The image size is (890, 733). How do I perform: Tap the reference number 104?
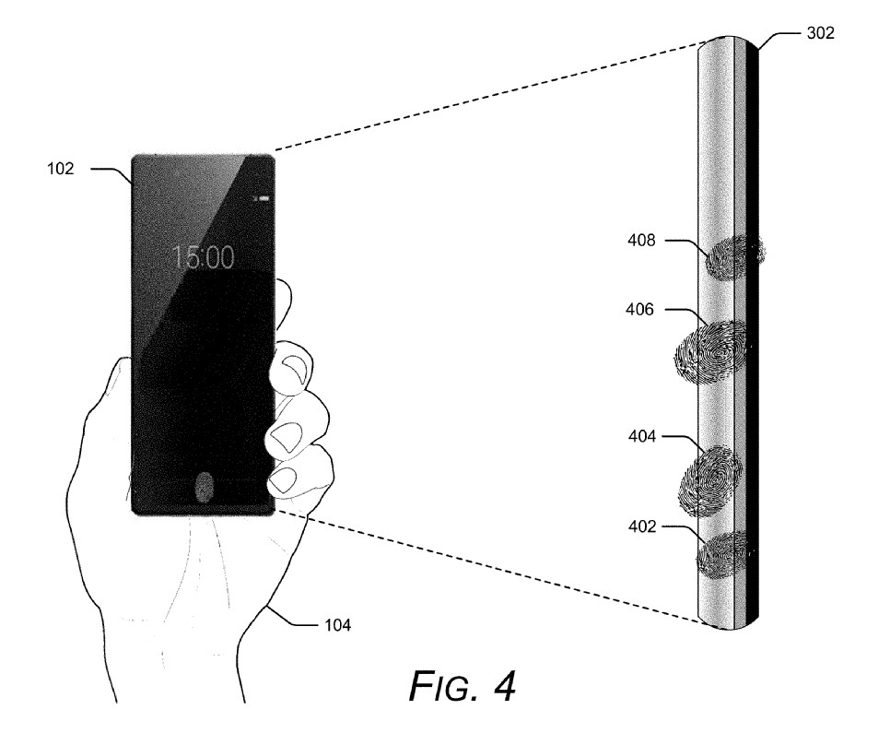pos(336,625)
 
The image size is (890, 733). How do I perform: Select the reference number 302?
pos(819,32)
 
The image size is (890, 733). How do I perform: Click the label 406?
pos(638,310)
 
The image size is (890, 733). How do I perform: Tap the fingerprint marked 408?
pos(734,256)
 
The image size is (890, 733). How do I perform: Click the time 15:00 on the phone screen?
pos(204,257)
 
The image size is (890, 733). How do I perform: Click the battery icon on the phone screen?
pos(263,196)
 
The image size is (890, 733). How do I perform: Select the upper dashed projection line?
pos(488,96)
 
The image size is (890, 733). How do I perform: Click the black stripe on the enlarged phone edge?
pos(754,332)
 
